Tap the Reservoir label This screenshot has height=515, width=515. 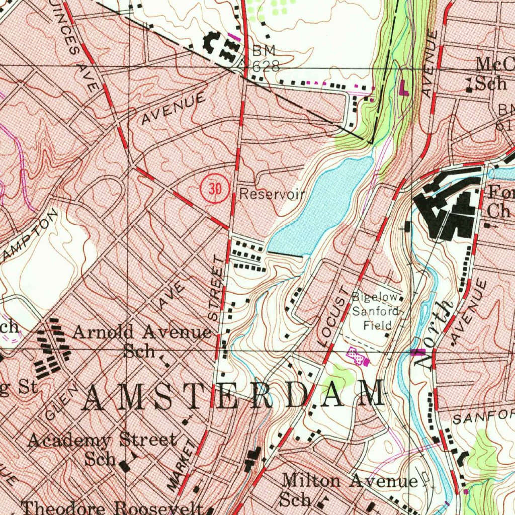[272, 194]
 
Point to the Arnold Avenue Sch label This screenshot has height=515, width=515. [142, 340]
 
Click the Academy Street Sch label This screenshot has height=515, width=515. [102, 449]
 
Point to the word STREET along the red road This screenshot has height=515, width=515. [217, 289]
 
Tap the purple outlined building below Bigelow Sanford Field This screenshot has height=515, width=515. [358, 357]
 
